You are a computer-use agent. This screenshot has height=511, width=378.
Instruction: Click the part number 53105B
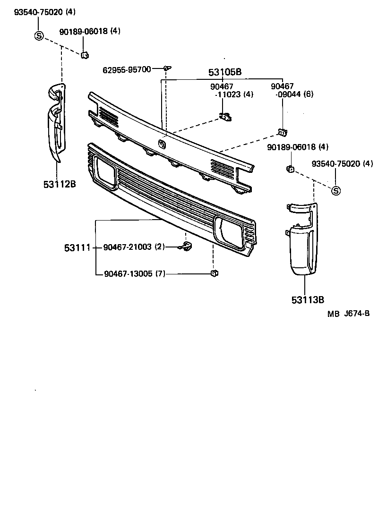click(225, 72)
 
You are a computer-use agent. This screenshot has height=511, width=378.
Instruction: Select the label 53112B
click(60, 184)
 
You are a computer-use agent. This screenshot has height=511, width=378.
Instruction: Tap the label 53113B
click(307, 299)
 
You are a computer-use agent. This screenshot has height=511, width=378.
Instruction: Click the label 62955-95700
click(127, 70)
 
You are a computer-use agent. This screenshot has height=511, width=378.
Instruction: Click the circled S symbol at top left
click(39, 35)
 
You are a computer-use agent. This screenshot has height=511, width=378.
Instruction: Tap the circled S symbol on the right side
click(335, 191)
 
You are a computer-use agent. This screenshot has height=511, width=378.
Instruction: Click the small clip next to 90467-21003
click(186, 246)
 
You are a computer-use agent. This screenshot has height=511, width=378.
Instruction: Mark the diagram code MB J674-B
click(348, 314)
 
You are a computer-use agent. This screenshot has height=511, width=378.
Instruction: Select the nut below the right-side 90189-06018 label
click(291, 168)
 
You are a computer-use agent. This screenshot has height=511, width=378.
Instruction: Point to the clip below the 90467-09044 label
click(282, 132)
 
